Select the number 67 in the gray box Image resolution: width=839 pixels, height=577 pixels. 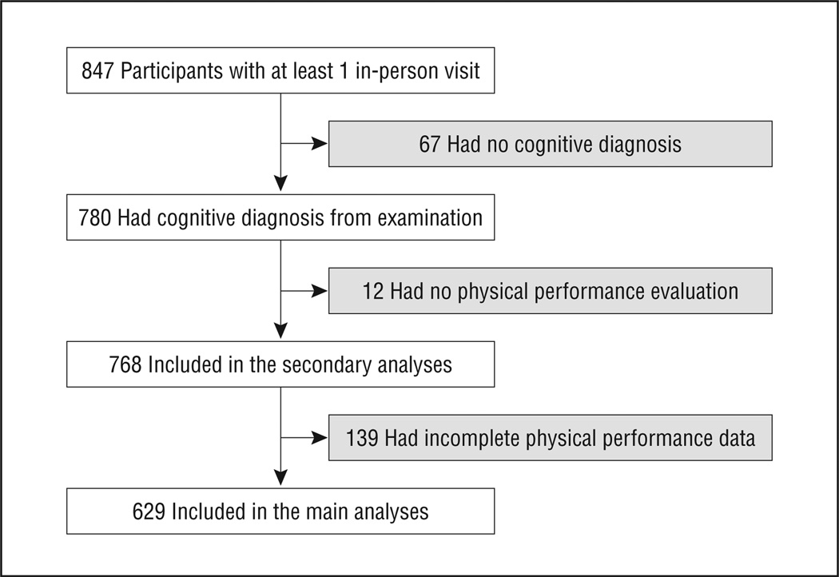pos(430,145)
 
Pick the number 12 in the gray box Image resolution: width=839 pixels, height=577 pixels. pos(373,291)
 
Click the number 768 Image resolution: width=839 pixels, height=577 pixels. pos(125,364)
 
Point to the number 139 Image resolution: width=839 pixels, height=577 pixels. pos(363,438)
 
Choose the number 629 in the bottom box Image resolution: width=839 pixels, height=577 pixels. pos(149,511)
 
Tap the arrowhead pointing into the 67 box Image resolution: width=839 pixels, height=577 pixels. pos(319,145)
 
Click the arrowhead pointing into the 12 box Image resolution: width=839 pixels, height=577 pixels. pos(319,291)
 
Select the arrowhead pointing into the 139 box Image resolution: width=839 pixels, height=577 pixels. pos(319,438)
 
